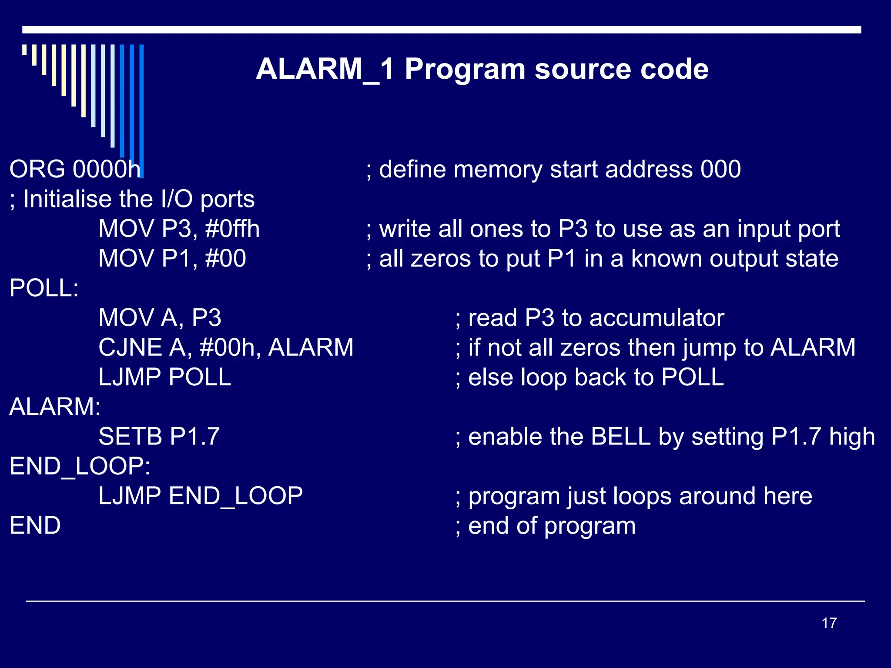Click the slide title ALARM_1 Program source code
tap(482, 70)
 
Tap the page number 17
tap(829, 623)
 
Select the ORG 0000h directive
tap(75, 169)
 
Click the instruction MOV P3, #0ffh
tap(179, 229)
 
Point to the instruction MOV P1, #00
tap(172, 258)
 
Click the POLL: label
tap(44, 288)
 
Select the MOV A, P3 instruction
tap(160, 318)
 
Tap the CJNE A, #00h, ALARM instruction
tap(226, 347)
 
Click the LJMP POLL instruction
tap(164, 377)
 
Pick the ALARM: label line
tap(55, 407)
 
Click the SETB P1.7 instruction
tap(159, 437)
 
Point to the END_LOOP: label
tap(80, 466)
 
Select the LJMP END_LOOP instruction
tap(200, 496)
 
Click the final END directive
tap(35, 526)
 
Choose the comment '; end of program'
tap(545, 526)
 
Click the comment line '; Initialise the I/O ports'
tap(132, 199)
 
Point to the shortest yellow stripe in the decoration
tap(24, 50)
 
